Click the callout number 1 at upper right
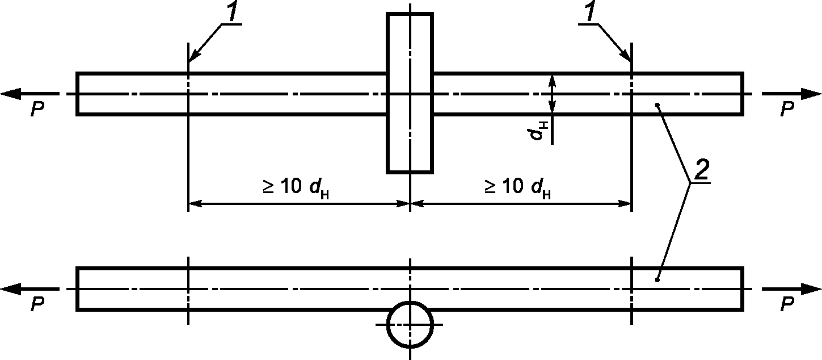591,12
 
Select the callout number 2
701,170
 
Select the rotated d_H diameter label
538,131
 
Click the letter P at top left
37,109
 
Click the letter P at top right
787,109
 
